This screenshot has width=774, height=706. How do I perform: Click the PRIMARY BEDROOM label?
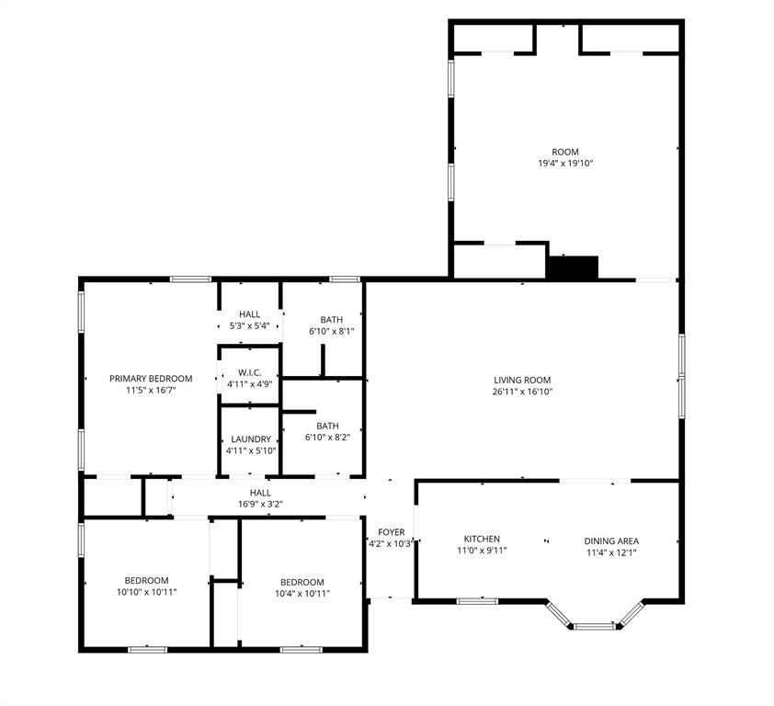[151, 379]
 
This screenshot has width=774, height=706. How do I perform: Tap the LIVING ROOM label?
[522, 380]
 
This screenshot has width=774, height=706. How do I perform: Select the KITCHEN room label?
[482, 540]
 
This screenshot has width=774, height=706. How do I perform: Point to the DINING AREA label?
[611, 541]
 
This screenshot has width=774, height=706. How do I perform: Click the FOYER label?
[392, 532]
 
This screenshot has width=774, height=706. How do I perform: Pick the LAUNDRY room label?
[251, 439]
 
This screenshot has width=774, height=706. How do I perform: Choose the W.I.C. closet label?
[250, 372]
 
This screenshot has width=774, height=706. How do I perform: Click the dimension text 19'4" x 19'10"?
[565, 164]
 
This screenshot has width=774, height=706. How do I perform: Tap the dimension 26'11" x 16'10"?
[522, 392]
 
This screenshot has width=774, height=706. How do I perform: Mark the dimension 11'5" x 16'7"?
[151, 391]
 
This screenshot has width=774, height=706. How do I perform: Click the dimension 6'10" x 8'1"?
[332, 331]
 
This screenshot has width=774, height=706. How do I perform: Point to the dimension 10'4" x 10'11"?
[302, 594]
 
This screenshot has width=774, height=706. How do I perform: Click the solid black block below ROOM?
[573, 267]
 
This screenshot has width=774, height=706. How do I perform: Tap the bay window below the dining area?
[594, 626]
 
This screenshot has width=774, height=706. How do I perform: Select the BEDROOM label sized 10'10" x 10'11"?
[147, 580]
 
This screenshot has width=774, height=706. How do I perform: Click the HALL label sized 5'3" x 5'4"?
[249, 314]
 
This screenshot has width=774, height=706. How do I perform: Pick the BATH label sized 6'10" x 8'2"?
[327, 426]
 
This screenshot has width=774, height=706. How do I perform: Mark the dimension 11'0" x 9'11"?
[482, 552]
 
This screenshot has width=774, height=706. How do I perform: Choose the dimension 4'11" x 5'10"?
[251, 451]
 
